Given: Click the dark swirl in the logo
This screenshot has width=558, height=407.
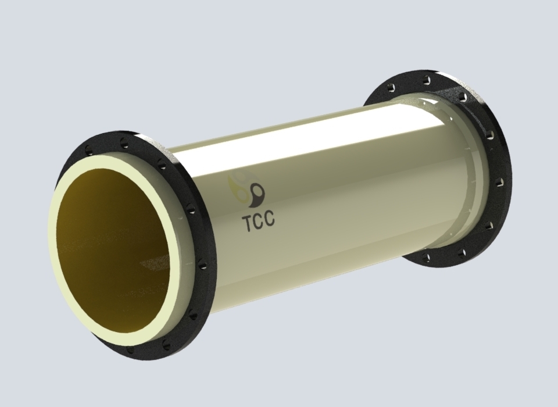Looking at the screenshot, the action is click(257, 195).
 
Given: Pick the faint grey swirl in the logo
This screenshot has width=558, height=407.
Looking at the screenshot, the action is click(242, 177).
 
